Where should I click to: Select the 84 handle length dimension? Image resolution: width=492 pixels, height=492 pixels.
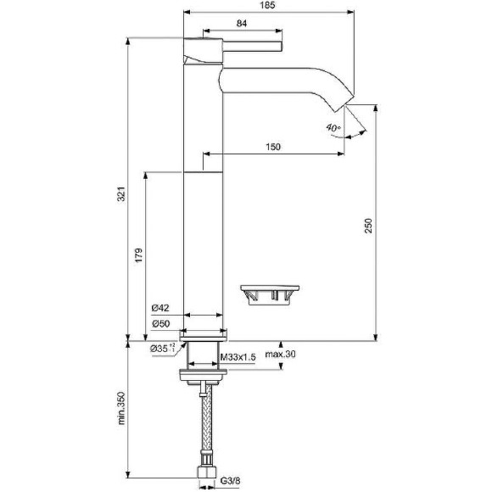(x=242, y=24)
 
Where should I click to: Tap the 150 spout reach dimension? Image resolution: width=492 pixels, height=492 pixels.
(x=272, y=148)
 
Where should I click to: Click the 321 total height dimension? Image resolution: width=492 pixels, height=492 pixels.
(x=121, y=194)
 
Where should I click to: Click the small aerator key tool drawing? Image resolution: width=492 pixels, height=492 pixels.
(x=270, y=293)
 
